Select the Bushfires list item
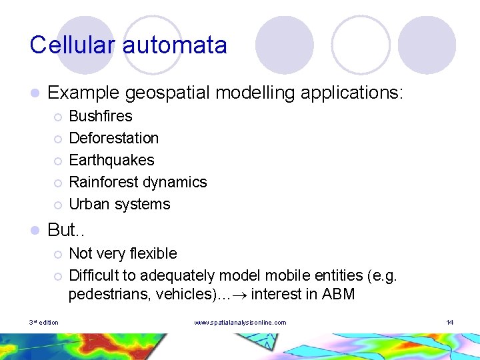101,116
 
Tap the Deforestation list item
114,138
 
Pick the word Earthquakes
111,160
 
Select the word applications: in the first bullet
352,93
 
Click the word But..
61,230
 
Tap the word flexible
153,253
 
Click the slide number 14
450,323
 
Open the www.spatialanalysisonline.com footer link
240,323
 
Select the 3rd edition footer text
44,323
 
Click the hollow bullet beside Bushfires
58,117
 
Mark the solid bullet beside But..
34,231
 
